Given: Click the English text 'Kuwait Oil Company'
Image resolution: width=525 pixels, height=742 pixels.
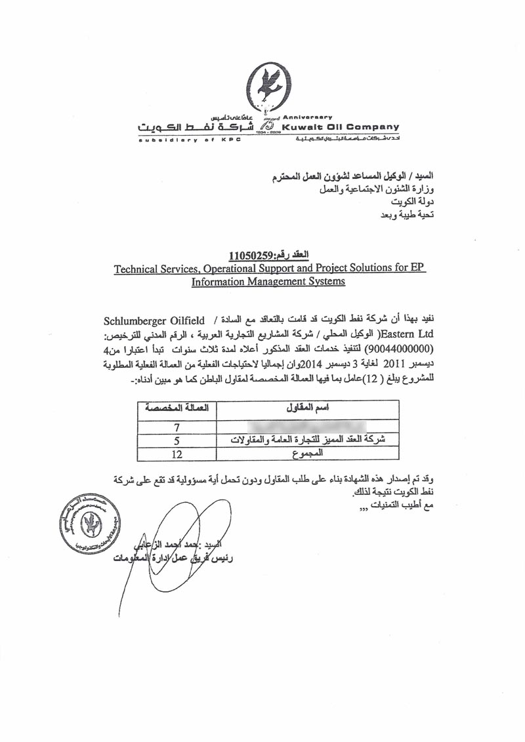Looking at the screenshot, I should coord(340,127).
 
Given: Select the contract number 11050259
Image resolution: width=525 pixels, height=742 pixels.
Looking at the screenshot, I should coord(248,255).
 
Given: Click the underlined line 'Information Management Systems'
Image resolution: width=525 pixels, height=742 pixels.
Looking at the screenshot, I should coord(268,282).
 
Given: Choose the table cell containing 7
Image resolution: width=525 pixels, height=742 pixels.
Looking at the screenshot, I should coord(176,427).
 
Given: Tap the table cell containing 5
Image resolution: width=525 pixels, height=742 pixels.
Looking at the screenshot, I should coord(176,440).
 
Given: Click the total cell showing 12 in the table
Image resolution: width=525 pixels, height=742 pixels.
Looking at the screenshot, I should coord(176,453).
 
